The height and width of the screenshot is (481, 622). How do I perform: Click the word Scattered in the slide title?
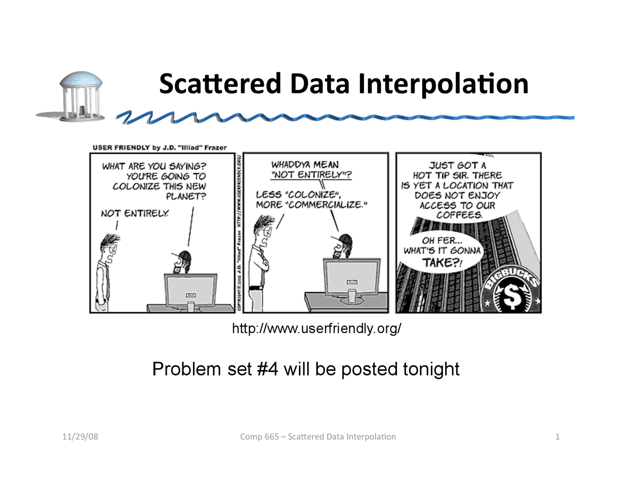point(220,84)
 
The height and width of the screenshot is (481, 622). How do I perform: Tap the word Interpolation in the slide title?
point(443,84)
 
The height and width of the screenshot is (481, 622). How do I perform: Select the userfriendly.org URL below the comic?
point(316,328)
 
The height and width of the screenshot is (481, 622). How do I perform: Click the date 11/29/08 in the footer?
point(80,436)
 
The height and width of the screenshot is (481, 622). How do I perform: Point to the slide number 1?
point(557,436)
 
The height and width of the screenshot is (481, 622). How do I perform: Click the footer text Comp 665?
point(259,436)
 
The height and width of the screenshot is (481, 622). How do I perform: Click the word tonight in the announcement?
point(431,369)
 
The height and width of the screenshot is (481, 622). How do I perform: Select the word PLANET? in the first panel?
point(186,196)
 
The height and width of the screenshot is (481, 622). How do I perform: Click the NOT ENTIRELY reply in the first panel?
point(135,214)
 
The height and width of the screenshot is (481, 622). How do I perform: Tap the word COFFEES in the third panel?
point(459,215)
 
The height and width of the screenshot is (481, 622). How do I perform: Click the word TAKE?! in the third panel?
point(442,263)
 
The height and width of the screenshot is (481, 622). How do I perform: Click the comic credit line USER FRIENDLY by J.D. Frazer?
point(159,147)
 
